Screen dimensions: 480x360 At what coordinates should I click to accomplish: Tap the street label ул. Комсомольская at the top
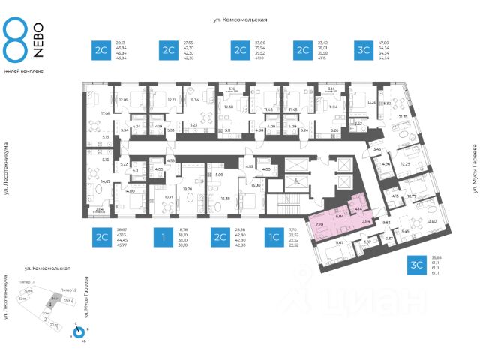(x=240, y=21)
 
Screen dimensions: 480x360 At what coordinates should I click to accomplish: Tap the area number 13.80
(x=431, y=221)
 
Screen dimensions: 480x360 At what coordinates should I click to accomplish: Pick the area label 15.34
(x=194, y=100)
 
